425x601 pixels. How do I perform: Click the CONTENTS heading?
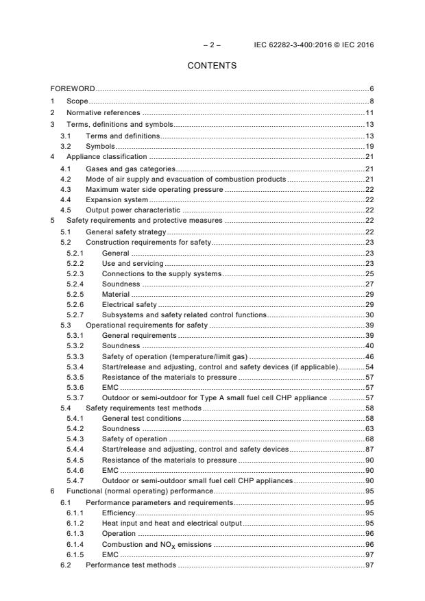212,66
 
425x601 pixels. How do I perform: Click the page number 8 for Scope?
371,101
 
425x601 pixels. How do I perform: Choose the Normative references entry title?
103,112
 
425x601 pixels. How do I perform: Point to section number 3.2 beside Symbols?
66,147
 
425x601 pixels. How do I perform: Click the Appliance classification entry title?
107,158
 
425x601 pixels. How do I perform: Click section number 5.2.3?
75,274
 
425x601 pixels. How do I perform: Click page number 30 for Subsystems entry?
369,315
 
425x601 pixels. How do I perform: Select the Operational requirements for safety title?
147,325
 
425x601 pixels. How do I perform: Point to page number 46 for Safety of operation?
369,357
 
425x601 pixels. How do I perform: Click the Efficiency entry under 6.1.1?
119,513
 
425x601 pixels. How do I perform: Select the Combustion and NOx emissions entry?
157,544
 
